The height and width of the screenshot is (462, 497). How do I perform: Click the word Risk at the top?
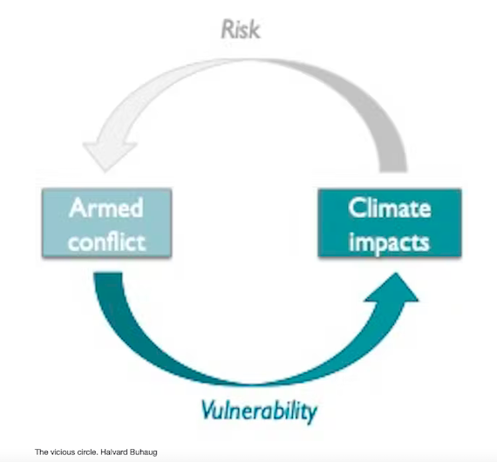tap(241, 29)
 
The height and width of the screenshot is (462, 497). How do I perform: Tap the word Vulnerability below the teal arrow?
tap(259, 411)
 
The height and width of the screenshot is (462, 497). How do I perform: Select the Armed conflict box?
tap(107, 223)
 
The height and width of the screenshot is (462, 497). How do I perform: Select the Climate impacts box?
tap(390, 223)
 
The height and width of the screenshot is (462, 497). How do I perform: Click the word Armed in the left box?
tap(106, 207)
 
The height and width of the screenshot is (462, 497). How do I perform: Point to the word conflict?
tap(107, 242)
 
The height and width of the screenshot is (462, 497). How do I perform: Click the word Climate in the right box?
tap(390, 207)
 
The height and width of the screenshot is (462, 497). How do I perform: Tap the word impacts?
tap(389, 243)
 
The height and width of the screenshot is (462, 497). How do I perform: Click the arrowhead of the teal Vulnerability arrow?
tap(394, 288)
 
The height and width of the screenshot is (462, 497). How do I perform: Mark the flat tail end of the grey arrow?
tap(393, 172)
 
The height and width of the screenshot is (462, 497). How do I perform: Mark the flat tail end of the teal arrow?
tap(108, 273)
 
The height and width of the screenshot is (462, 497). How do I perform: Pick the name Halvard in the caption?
tap(114, 452)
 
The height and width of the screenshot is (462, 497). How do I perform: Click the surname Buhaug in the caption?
tap(144, 452)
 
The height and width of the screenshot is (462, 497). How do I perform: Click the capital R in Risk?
tap(228, 30)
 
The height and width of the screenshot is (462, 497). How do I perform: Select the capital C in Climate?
tap(357, 207)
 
